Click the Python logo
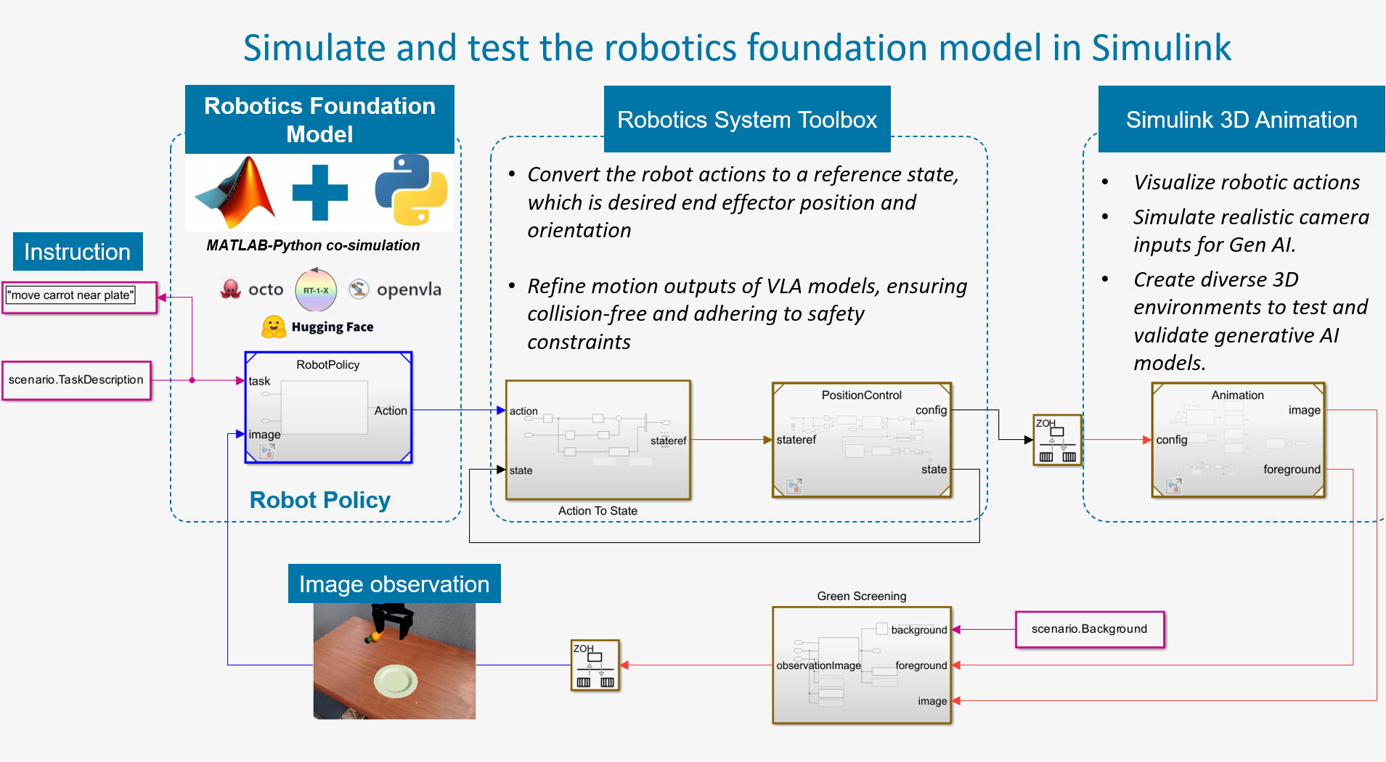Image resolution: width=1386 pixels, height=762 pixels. (x=411, y=190)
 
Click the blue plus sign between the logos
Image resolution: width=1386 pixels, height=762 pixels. (x=320, y=192)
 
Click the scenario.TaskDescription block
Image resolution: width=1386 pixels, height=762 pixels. (x=76, y=380)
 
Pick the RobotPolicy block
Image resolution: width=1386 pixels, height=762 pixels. (x=328, y=407)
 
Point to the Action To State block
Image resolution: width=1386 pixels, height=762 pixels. (x=597, y=440)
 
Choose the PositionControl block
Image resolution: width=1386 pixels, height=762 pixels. (x=861, y=440)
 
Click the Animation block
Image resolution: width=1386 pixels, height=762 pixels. (x=1238, y=440)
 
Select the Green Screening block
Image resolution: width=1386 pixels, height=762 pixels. (x=861, y=665)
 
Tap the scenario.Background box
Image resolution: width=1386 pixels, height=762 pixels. (x=1089, y=629)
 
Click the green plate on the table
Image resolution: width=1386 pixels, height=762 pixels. (x=396, y=681)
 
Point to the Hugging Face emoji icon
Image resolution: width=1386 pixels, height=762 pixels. (x=274, y=327)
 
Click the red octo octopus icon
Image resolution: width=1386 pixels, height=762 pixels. (x=230, y=289)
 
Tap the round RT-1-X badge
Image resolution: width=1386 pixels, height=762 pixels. (x=316, y=290)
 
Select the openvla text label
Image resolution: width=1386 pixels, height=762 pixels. (x=409, y=290)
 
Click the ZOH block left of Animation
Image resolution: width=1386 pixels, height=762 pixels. (x=1057, y=440)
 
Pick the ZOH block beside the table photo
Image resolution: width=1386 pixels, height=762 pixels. (x=595, y=665)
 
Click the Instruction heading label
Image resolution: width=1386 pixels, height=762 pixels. (x=78, y=252)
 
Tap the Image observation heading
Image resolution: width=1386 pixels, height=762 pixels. (x=394, y=584)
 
